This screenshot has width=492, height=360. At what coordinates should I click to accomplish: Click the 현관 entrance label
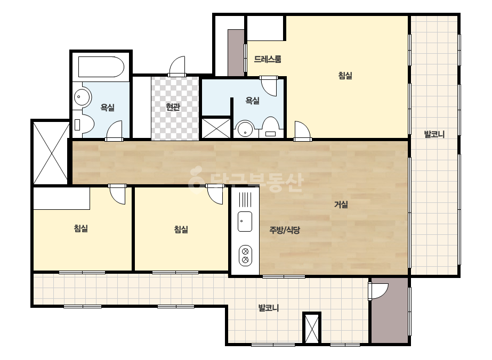click(x=173, y=107)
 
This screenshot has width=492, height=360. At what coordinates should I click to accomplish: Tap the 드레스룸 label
click(x=268, y=59)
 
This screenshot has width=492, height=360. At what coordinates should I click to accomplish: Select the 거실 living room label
click(x=341, y=204)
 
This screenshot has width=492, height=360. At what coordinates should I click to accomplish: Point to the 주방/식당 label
click(x=285, y=230)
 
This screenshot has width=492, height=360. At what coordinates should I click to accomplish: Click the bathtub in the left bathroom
click(x=101, y=67)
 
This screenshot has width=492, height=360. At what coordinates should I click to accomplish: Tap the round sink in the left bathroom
click(x=83, y=96)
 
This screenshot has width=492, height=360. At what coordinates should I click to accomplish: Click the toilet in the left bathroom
click(x=84, y=125)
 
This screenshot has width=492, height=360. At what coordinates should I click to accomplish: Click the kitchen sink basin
click(x=245, y=222)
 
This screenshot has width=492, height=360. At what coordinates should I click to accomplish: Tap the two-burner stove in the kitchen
click(x=245, y=255)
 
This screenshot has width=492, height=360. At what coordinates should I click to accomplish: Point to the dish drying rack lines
click(x=245, y=200)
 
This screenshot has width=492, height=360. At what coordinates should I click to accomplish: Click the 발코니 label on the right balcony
click(x=434, y=134)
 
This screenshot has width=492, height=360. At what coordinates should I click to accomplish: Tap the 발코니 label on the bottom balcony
click(x=269, y=308)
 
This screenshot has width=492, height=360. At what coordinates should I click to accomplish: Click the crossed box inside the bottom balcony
click(x=312, y=328)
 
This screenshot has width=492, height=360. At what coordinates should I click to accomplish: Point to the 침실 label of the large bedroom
click(x=345, y=76)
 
